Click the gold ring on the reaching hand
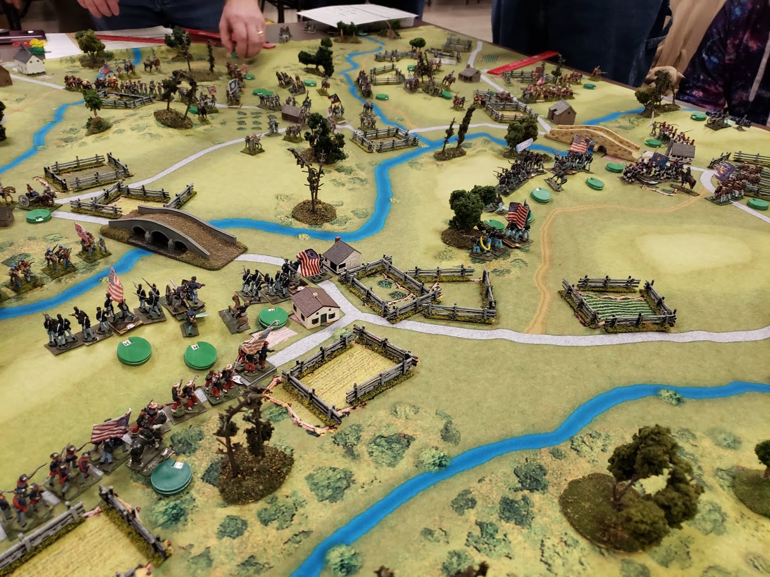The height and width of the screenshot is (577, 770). tap(260, 32)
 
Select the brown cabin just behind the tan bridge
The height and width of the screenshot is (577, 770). tap(562, 112)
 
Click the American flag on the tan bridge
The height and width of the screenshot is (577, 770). tap(580, 143)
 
